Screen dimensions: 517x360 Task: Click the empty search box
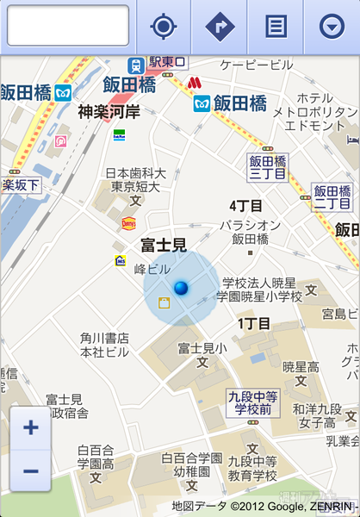pyautogui.click(x=68, y=25)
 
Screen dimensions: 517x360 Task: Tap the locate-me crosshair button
pyautogui.click(x=163, y=26)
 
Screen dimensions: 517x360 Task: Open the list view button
pyautogui.click(x=276, y=26)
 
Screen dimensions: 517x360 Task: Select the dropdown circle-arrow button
pyautogui.click(x=332, y=26)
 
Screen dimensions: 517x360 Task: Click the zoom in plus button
pyautogui.click(x=31, y=427)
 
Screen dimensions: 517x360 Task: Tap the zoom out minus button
pyautogui.click(x=31, y=470)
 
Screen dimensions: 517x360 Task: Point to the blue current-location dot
pyautogui.click(x=181, y=288)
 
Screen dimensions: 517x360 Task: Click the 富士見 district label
pyautogui.click(x=164, y=246)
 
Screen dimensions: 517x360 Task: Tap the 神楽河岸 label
pyautogui.click(x=109, y=111)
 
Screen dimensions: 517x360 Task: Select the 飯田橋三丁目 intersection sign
pyautogui.click(x=268, y=168)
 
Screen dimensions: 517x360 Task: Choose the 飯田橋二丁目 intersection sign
pyautogui.click(x=332, y=197)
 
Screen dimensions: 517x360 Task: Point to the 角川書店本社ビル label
pyautogui.click(x=104, y=345)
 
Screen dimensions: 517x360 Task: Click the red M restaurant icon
pyautogui.click(x=194, y=83)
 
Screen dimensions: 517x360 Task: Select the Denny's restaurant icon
pyautogui.click(x=128, y=223)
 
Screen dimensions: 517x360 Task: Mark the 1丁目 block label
pyautogui.click(x=254, y=323)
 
